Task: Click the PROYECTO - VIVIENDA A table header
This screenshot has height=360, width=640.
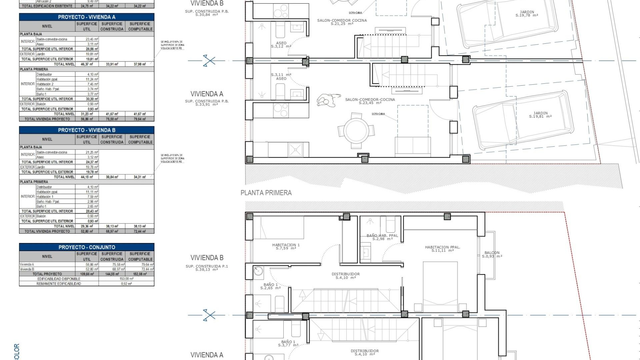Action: point(87,17)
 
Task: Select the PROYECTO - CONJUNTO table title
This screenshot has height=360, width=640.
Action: point(87,247)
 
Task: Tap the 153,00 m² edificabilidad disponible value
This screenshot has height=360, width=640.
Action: point(126,279)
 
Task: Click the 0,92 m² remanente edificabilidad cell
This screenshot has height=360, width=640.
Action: point(126,284)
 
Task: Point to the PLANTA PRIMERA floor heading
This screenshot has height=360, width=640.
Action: point(266,193)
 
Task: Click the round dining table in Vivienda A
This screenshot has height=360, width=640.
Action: point(357,131)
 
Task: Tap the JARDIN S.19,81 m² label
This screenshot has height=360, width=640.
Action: point(540,115)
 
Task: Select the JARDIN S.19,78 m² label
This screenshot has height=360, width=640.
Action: point(527,14)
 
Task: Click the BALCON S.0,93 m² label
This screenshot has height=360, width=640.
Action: point(492,254)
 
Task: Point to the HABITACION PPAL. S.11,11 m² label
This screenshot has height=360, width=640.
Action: point(442,249)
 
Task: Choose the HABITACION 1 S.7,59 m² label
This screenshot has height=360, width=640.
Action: point(286,246)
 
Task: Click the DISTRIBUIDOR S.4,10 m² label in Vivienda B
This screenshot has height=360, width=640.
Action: point(345,276)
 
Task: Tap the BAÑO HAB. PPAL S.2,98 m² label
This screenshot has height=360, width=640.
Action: point(382,237)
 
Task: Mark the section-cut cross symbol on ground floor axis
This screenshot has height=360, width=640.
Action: point(209,61)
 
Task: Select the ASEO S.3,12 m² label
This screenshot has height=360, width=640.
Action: point(281,45)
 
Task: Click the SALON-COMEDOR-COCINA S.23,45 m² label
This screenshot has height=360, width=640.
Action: point(370,101)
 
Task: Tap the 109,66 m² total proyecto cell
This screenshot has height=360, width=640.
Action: point(87,274)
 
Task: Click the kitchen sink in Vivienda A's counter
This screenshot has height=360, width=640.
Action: point(295,149)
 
